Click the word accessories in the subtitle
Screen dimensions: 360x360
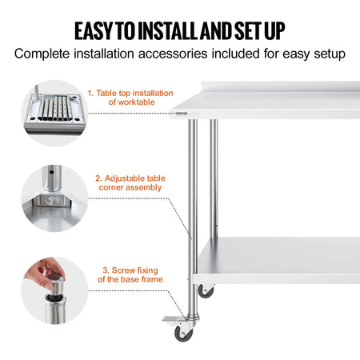click(174, 55)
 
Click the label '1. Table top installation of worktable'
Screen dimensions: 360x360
click(130, 98)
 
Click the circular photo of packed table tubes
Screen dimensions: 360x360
click(51, 111)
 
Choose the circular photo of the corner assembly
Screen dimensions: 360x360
click(51, 199)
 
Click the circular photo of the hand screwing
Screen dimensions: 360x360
click(51, 289)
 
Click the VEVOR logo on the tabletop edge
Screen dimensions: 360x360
click(186, 114)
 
